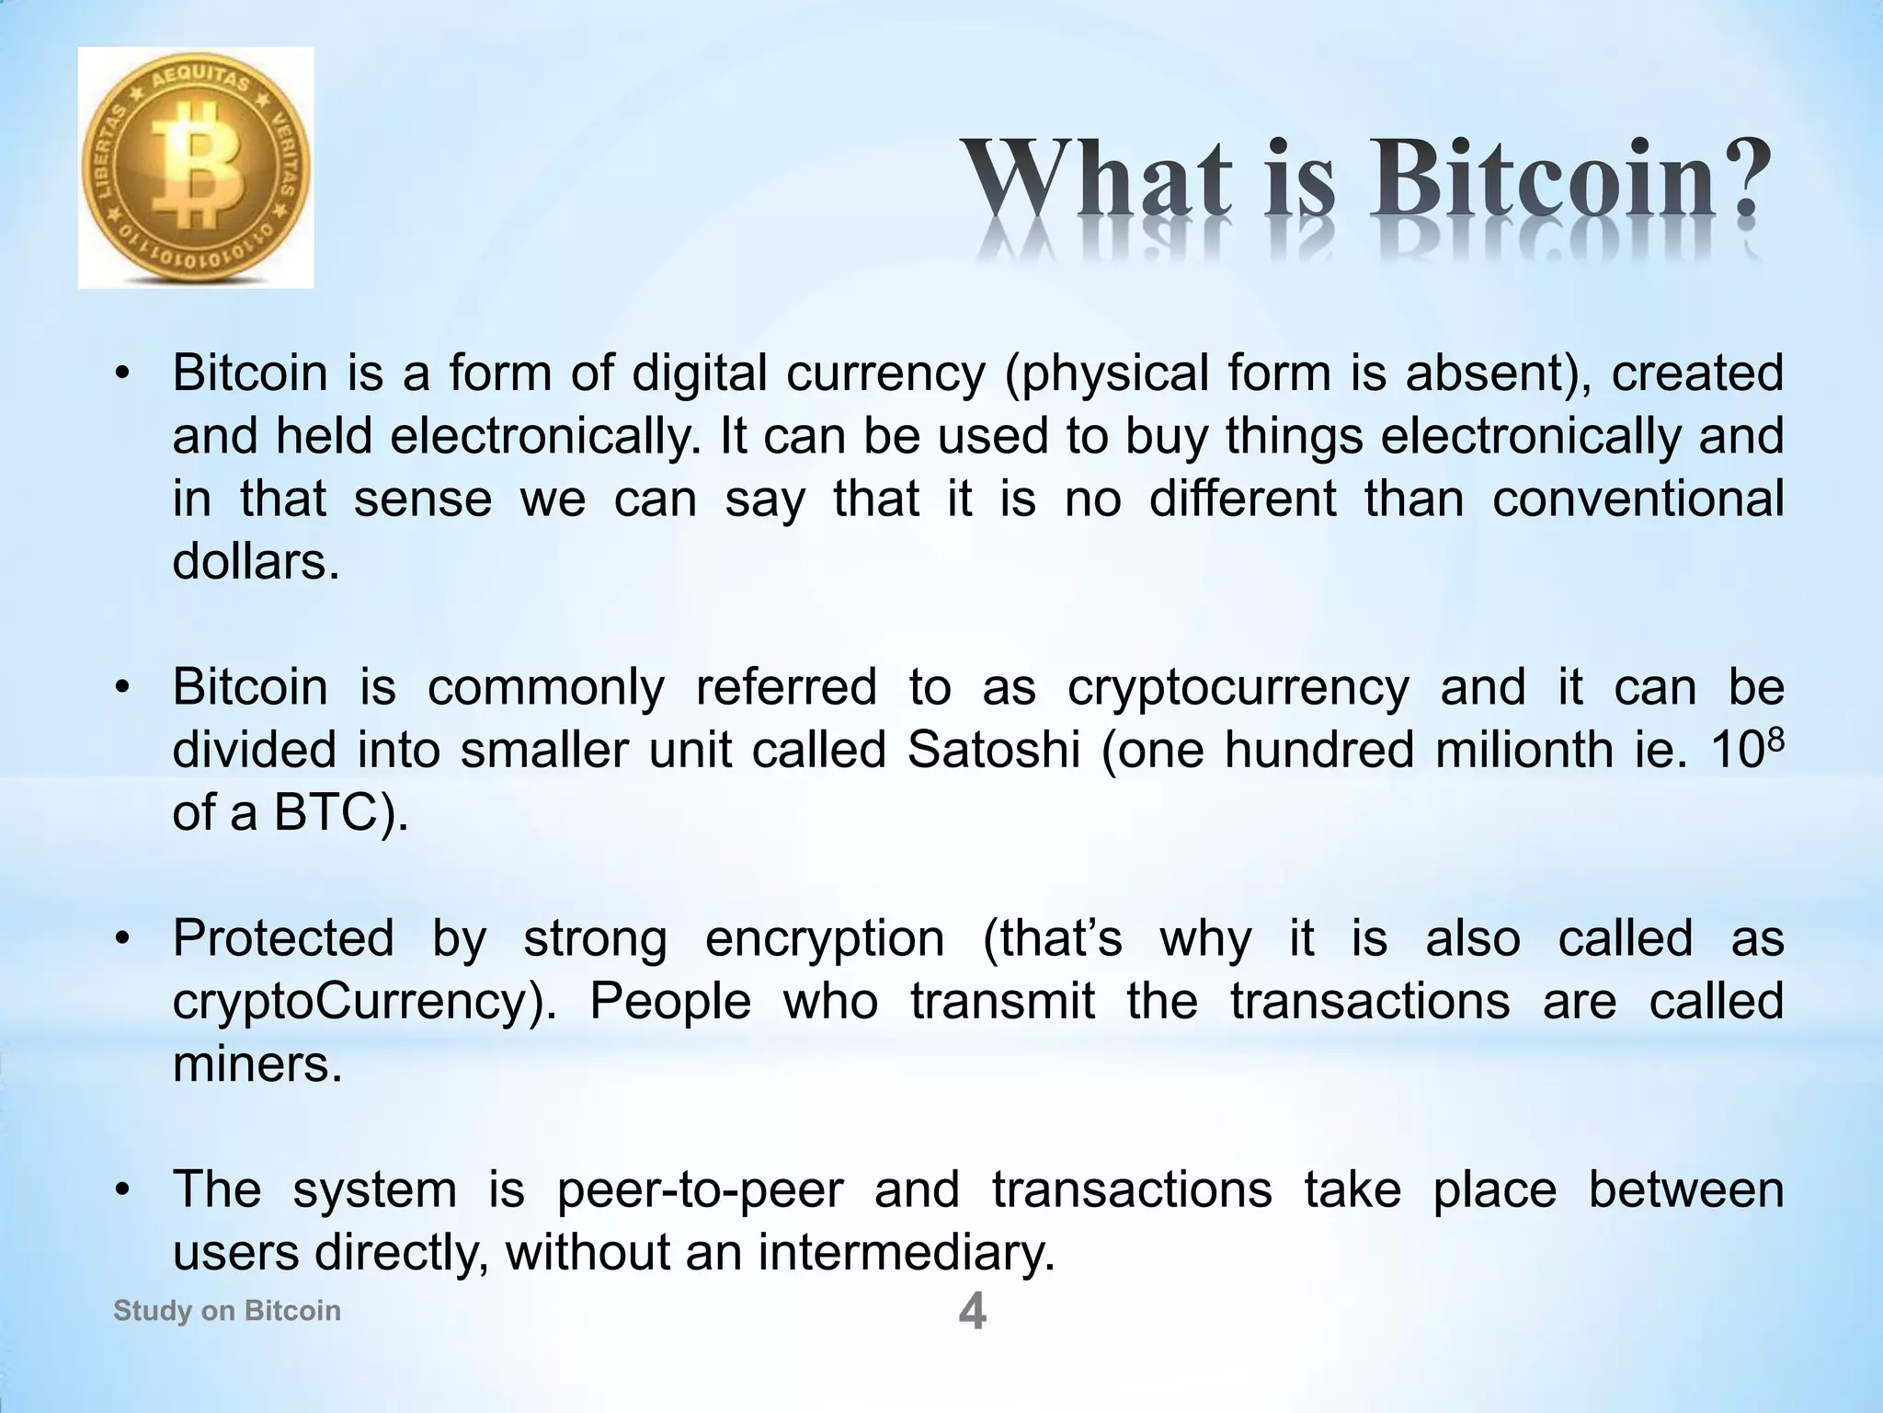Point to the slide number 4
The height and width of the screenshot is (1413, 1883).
[972, 1311]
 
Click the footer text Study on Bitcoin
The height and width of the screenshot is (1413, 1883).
[226, 1310]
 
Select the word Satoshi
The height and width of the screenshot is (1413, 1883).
[993, 751]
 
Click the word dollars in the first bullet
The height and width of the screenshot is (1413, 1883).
[255, 561]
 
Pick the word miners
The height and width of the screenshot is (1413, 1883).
[257, 1064]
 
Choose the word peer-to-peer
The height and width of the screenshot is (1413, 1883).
[700, 1189]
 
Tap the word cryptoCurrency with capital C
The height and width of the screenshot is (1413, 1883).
[364, 1002]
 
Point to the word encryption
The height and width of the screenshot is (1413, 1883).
[825, 939]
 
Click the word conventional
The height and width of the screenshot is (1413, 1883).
[1638, 499]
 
